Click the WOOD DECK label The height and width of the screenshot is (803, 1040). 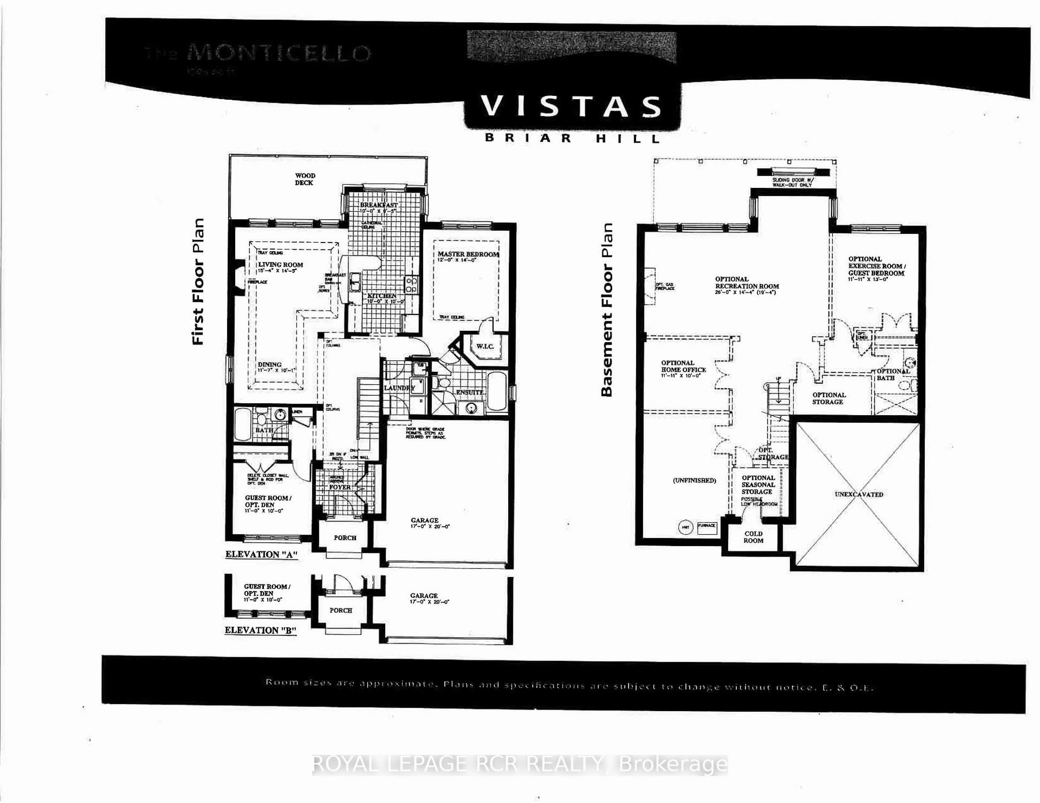click(x=305, y=179)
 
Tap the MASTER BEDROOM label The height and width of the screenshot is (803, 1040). click(x=468, y=254)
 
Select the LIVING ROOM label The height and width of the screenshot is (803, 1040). click(x=281, y=265)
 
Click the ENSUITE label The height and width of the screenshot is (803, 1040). click(x=470, y=393)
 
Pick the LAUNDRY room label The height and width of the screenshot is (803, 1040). click(x=399, y=388)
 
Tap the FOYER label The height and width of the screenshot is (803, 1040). click(x=340, y=487)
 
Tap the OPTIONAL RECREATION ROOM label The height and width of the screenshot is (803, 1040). click(x=747, y=282)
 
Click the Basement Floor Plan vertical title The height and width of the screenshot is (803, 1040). click(x=606, y=309)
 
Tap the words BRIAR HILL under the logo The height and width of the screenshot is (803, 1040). click(x=572, y=139)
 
